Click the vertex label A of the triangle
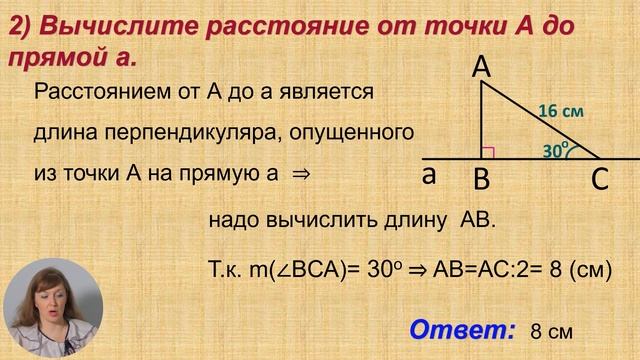pos(481,67)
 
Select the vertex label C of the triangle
pos(600,181)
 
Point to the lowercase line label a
pos(428,175)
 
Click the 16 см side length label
pos(560,112)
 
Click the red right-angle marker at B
pos(489,152)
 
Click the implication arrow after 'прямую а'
pos(298,172)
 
